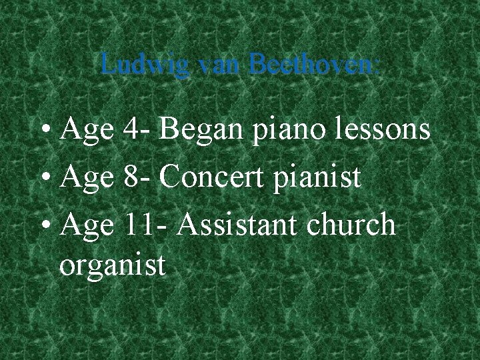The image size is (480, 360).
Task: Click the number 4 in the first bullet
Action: click(x=131, y=130)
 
